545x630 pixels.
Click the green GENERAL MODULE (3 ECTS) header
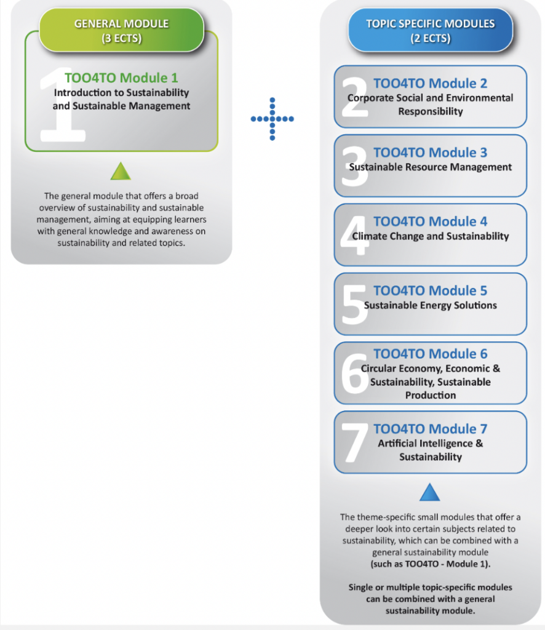121,30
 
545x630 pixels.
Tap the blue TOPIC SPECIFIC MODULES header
430,30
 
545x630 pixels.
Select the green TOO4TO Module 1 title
121,78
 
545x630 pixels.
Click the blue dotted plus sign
272,119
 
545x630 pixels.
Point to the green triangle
121,171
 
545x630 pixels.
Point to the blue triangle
430,492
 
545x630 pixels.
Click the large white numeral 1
64,105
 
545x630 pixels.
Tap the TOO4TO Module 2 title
430,83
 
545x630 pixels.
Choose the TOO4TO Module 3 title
430,153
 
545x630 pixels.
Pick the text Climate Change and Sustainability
431,236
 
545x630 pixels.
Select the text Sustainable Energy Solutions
431,305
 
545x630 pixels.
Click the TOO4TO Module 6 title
430,354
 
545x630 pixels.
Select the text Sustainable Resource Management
431,167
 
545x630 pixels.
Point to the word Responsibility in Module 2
431,111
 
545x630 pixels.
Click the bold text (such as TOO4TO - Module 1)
431,564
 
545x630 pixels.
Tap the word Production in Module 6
431,395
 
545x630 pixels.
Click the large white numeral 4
354,236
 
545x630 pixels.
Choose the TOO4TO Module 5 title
430,290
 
